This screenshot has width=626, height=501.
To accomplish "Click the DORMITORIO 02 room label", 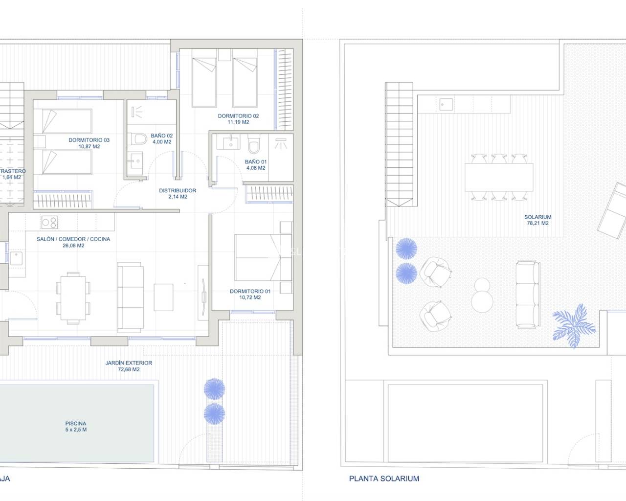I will [238, 116].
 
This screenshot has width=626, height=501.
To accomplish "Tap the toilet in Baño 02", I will [140, 140].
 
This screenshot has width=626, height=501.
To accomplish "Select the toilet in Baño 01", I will [254, 146].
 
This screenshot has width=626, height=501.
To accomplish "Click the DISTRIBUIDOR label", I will [178, 191].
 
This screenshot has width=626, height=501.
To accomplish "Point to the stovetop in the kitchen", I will [49, 223].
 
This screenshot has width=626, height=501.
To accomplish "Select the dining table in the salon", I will [73, 299].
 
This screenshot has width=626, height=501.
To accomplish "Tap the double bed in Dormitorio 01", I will [257, 257].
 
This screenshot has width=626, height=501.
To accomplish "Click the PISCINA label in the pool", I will [76, 424].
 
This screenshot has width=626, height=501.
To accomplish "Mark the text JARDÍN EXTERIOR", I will [129, 363].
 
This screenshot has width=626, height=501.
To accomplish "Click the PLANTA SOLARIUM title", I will [384, 478].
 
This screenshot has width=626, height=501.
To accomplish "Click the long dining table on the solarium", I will [498, 177].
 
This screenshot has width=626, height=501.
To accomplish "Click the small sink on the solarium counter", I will [446, 103].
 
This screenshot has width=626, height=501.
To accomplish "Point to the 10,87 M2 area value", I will [89, 146].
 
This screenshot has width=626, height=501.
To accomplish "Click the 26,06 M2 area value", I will [73, 246].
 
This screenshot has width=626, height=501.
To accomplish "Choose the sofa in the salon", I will [131, 297].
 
